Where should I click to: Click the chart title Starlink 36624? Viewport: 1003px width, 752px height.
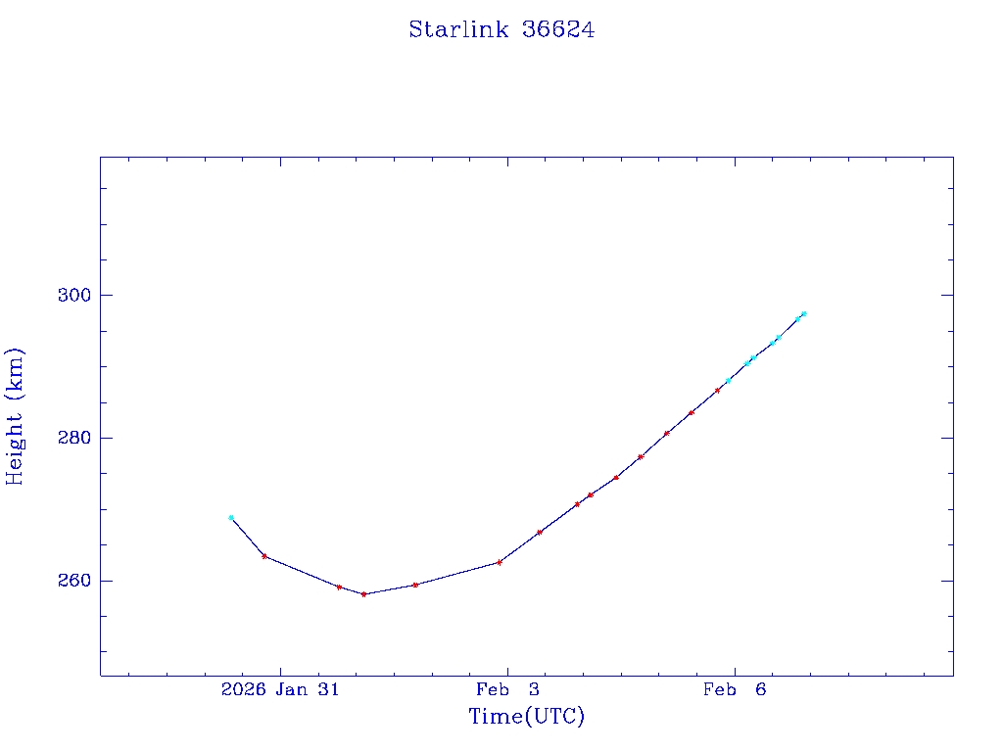pyautogui.click(x=501, y=29)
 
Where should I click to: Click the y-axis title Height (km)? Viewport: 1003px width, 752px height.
pyautogui.click(x=15, y=416)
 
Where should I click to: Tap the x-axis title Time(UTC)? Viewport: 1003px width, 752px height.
pyautogui.click(x=526, y=717)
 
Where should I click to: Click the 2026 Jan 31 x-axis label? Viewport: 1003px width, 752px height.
pyautogui.click(x=280, y=689)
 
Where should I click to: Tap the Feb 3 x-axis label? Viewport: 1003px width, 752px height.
pyautogui.click(x=507, y=689)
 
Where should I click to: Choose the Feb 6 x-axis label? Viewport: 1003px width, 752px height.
pyautogui.click(x=735, y=689)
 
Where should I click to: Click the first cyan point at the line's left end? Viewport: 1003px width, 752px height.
pyautogui.click(x=231, y=517)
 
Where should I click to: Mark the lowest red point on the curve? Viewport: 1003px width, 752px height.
pyautogui.click(x=363, y=594)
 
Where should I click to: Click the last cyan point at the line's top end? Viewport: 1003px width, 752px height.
pyautogui.click(x=803, y=314)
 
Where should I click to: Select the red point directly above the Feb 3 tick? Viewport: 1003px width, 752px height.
pyautogui.click(x=500, y=562)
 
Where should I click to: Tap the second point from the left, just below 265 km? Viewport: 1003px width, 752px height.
pyautogui.click(x=264, y=556)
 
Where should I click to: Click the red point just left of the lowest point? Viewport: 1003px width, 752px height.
pyautogui.click(x=339, y=587)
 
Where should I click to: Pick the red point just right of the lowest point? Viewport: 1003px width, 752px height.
pyautogui.click(x=415, y=585)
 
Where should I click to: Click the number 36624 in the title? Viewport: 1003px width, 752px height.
pyautogui.click(x=558, y=29)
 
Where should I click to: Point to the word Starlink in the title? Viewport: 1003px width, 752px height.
pyautogui.click(x=458, y=29)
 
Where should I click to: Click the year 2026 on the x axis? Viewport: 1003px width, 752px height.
pyautogui.click(x=244, y=689)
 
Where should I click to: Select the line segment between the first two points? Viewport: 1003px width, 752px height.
pyautogui.click(x=248, y=537)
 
